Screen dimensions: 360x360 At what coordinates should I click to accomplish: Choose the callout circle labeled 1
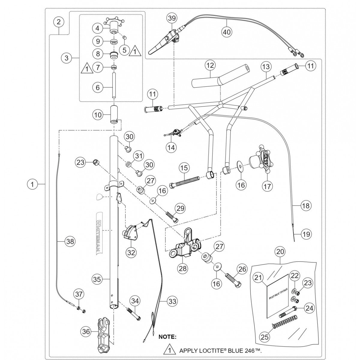(x=32, y=184)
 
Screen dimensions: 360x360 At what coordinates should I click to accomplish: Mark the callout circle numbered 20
(x=280, y=252)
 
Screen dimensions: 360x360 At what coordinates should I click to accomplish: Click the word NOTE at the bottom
(x=167, y=337)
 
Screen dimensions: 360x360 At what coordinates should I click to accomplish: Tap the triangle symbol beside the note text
(x=169, y=350)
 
